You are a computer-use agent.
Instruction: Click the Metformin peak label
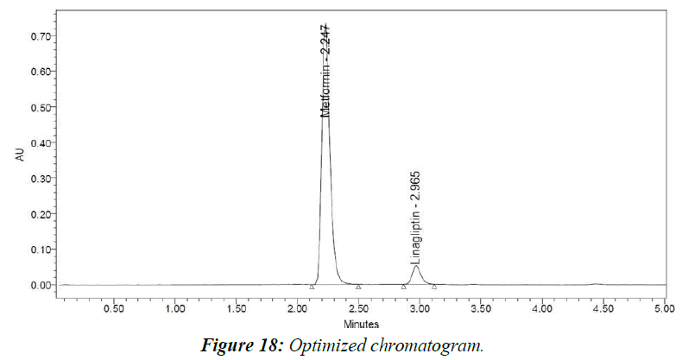coord(325,71)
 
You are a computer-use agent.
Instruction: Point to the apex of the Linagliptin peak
coord(416,266)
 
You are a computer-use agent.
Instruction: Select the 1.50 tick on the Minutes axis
coord(237,308)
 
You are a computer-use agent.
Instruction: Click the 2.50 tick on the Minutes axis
coord(359,308)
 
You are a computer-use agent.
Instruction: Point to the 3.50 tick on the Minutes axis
coord(481,308)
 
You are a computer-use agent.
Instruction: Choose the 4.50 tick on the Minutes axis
coord(603,308)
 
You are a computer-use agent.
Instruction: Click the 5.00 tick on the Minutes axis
coord(663,308)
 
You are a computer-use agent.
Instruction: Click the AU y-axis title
coord(20,155)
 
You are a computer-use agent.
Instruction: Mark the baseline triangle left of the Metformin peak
coord(312,286)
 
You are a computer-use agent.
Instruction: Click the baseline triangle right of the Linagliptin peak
coord(434,286)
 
